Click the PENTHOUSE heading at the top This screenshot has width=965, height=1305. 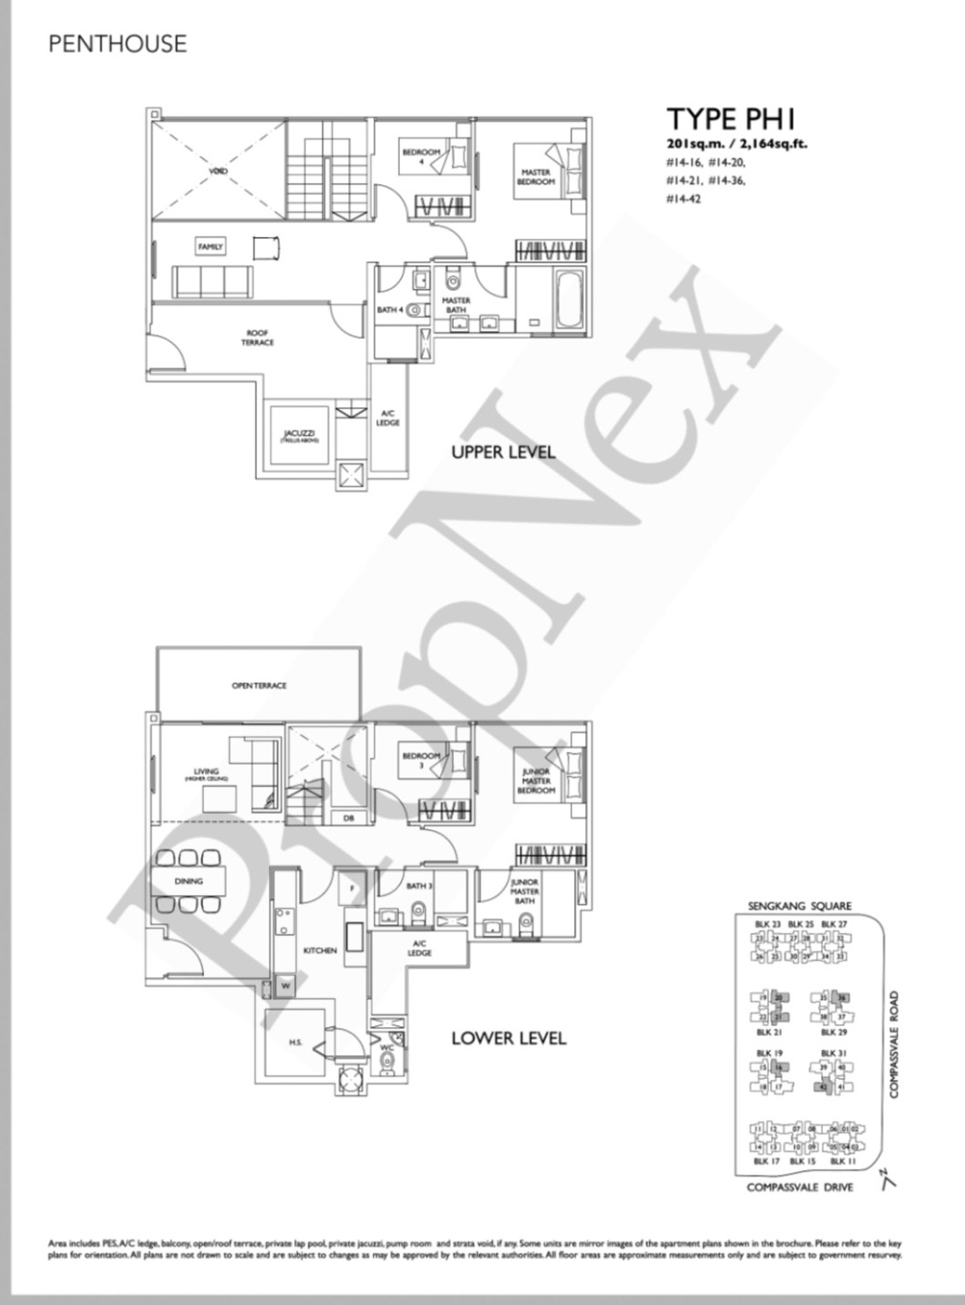pos(118,44)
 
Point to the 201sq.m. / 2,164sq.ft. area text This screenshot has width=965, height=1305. pos(736,144)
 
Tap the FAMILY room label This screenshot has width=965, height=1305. pos(210,247)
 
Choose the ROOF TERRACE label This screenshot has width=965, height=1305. pos(257,337)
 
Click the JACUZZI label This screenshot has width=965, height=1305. pos(299,436)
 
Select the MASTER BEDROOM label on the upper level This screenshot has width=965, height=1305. pos(535,177)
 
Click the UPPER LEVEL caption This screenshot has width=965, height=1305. pos(503,452)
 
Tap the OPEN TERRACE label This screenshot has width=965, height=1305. pos(259,685)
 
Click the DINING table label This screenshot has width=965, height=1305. pos(189,881)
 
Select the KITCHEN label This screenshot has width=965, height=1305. pos(320,950)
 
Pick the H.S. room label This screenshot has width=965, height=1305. pos(295,1043)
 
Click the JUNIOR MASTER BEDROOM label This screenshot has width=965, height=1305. pos(536,781)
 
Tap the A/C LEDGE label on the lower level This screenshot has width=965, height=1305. pos(420,948)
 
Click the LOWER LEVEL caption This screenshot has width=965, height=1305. pos(508,1038)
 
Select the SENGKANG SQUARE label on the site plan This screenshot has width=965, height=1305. pos(799,906)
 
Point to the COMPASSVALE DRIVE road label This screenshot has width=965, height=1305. pos(800,1187)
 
